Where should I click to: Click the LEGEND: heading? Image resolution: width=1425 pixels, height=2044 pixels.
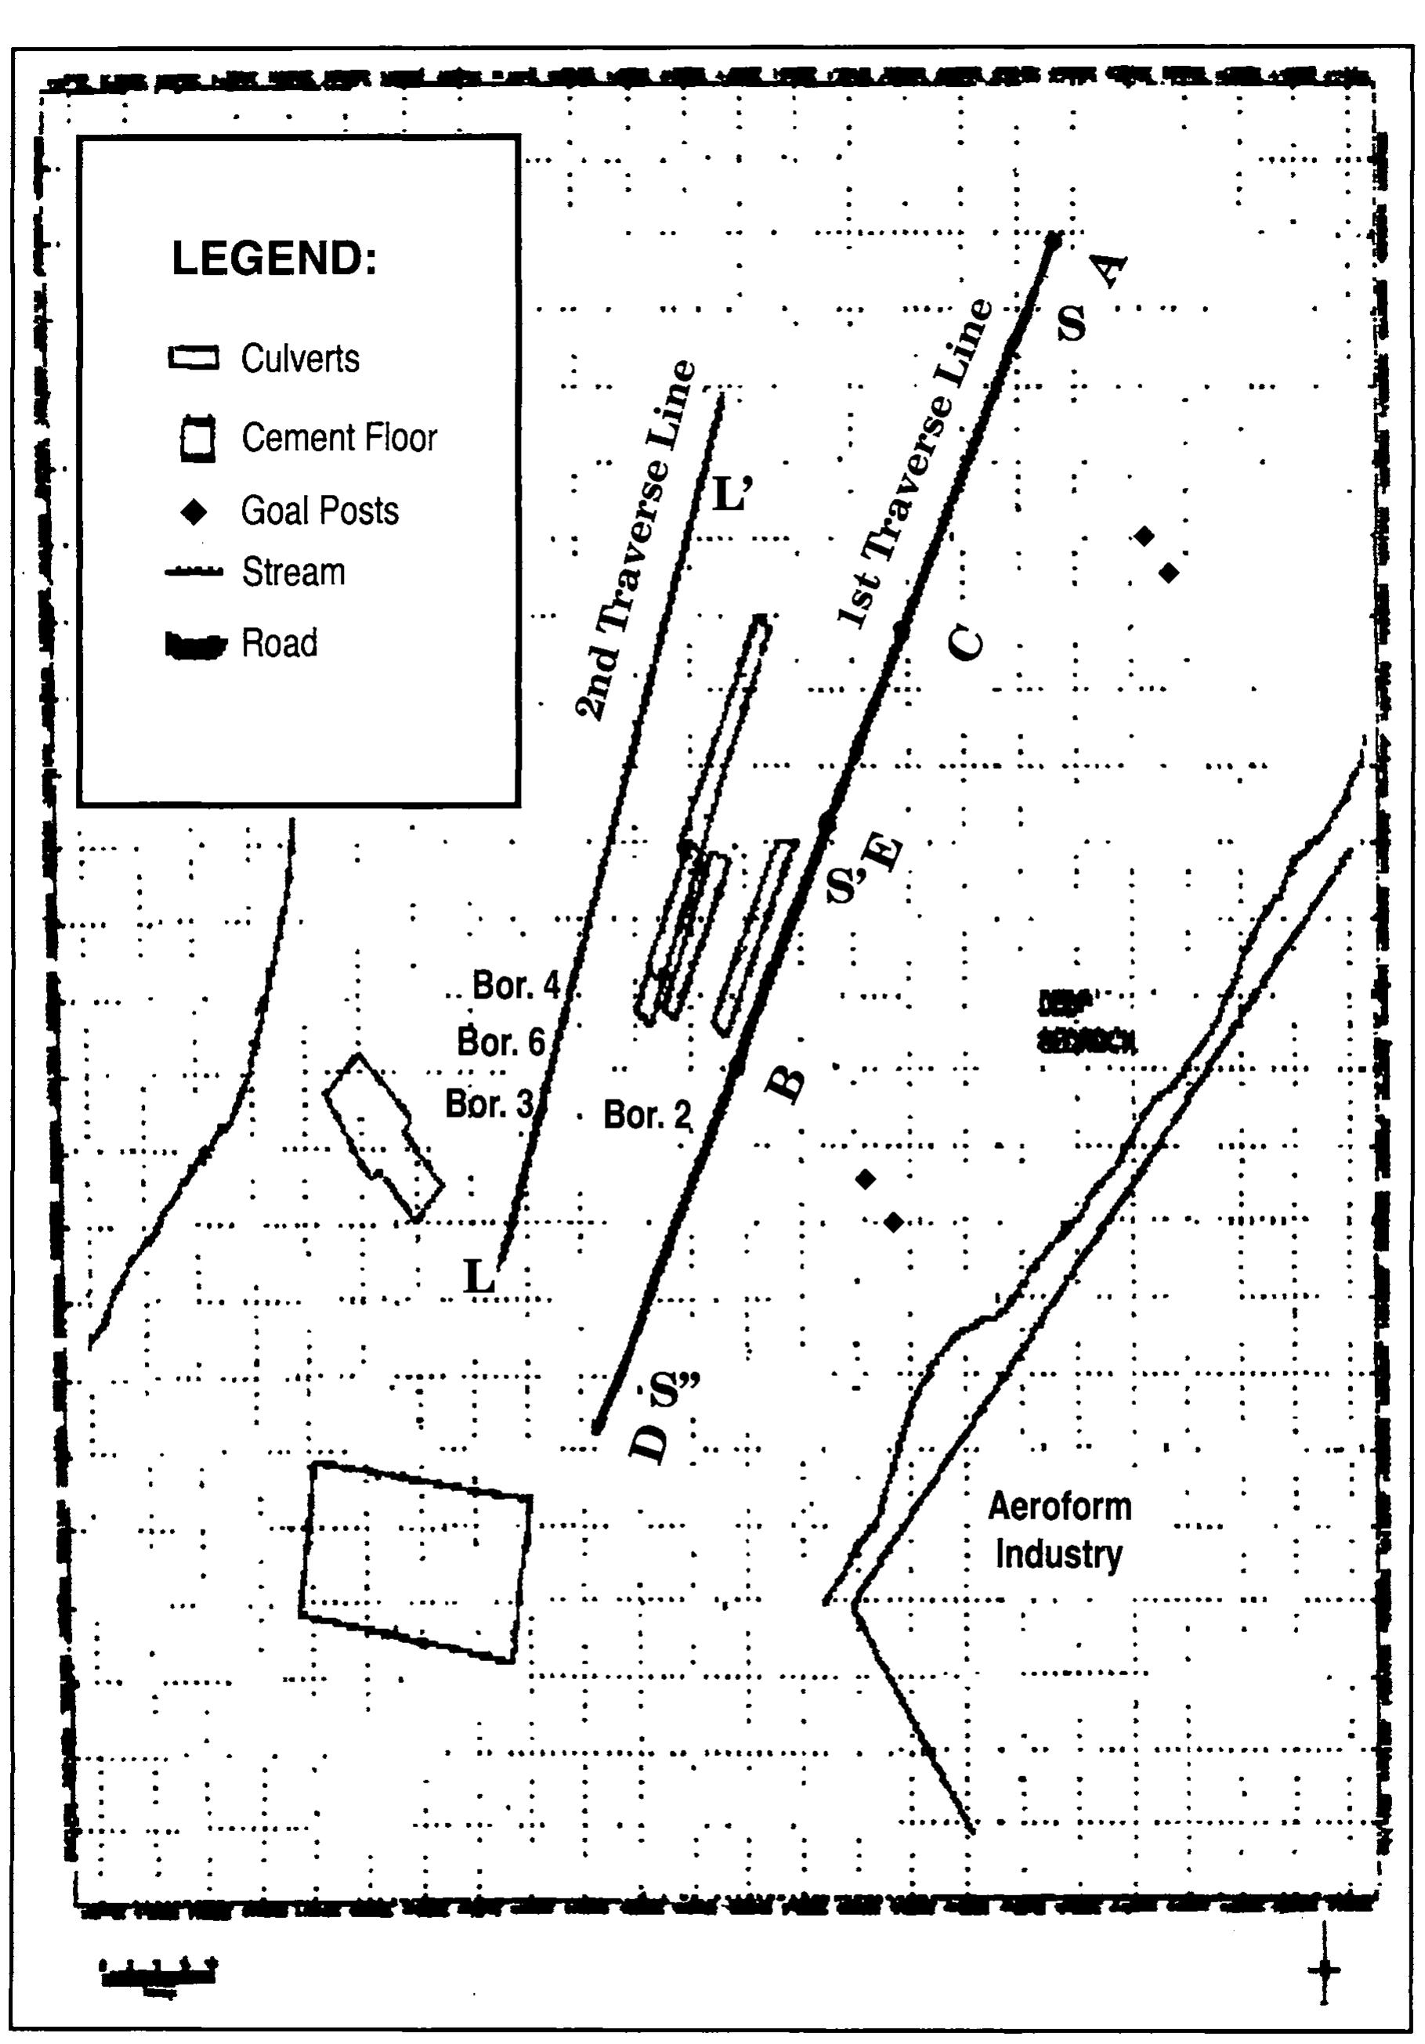coord(273,259)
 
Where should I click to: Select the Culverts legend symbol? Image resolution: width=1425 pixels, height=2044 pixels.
coord(193,358)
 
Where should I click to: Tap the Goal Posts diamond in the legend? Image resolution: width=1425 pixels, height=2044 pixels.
coord(193,512)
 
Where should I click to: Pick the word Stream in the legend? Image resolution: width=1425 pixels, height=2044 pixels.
coord(293,572)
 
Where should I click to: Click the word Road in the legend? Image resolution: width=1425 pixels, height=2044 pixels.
coord(279,644)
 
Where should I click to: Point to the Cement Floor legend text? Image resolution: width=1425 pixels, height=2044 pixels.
coord(339,438)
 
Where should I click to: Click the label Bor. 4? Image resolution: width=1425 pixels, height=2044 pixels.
coord(515,984)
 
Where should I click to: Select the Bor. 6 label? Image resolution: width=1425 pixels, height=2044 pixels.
coord(501,1041)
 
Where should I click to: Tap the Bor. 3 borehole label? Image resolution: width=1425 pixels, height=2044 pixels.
coord(489,1104)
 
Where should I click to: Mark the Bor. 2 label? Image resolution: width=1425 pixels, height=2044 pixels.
coord(646,1114)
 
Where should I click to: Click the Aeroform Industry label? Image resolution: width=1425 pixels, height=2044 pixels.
coord(1059,1530)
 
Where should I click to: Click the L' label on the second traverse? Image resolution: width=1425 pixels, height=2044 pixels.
coord(732,495)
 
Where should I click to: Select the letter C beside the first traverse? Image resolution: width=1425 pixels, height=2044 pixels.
coord(965,642)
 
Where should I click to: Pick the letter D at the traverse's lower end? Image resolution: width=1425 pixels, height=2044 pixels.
coord(649,1443)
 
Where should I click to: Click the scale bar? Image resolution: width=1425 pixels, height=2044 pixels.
coord(158,1971)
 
